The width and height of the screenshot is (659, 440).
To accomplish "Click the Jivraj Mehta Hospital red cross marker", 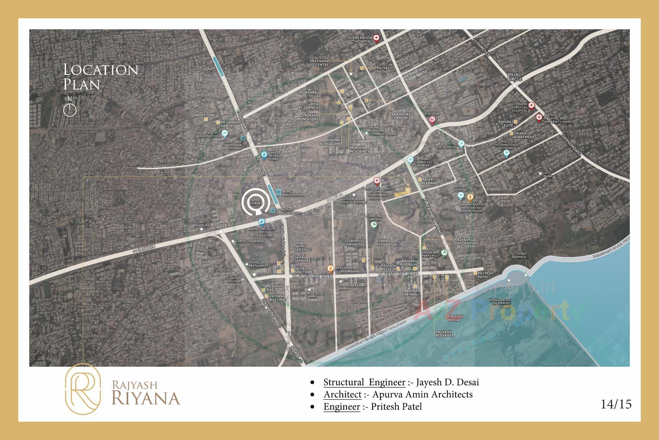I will [x=377, y=38].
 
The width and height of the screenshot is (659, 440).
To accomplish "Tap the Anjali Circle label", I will [x=514, y=77].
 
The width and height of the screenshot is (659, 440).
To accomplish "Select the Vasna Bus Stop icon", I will [x=432, y=120].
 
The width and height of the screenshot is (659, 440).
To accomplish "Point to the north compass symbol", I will [x=70, y=109].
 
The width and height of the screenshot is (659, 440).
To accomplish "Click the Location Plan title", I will [x=101, y=77].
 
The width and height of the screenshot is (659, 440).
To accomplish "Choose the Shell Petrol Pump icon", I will [x=264, y=155].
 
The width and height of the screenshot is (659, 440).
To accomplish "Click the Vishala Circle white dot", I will [x=221, y=232].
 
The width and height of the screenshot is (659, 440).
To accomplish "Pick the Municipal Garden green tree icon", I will [x=374, y=225].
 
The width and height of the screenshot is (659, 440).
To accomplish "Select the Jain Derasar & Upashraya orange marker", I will [x=330, y=268].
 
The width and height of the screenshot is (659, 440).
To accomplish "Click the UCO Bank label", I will [x=547, y=175].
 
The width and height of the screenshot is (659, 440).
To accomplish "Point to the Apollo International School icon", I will [x=506, y=153].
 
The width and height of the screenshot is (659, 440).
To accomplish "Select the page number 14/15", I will [x=616, y=404].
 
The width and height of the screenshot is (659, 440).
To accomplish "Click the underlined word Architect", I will [x=342, y=394].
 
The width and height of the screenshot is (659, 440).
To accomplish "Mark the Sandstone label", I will [x=204, y=115].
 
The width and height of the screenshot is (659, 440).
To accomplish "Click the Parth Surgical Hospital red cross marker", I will [x=531, y=106].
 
